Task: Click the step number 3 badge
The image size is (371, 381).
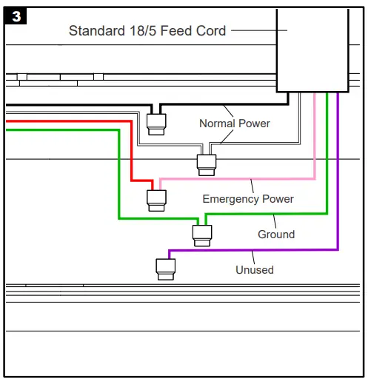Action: [x=16, y=16]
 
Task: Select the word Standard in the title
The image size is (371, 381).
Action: [x=96, y=30]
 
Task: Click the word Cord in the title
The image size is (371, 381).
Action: [x=211, y=30]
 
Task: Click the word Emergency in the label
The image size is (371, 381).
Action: [x=231, y=199]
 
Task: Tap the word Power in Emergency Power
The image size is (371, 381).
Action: [x=278, y=199]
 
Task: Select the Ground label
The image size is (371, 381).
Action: [x=275, y=235]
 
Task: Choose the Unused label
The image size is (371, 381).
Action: [x=254, y=270]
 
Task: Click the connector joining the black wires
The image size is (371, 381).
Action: [x=156, y=122]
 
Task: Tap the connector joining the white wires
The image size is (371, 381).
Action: [x=205, y=163]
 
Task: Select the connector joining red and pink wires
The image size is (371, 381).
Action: [x=156, y=198]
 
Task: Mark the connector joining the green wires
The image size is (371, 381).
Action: [x=202, y=235]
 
